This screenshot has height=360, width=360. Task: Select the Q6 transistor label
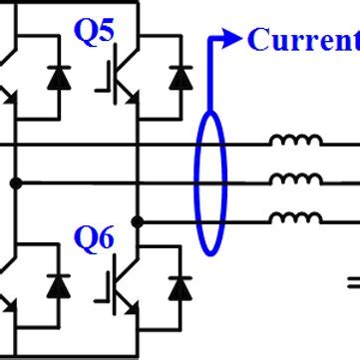tap(96, 238)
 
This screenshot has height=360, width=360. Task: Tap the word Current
tap(303, 40)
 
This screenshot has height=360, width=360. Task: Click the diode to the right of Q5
tap(180, 78)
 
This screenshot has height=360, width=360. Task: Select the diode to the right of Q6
tap(180, 287)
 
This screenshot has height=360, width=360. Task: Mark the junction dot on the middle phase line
tap(16, 183)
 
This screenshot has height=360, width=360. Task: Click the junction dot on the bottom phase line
tap(139, 220)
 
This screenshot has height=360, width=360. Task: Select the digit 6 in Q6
tap(107, 238)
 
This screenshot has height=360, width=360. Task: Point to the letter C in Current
tap(257, 40)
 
